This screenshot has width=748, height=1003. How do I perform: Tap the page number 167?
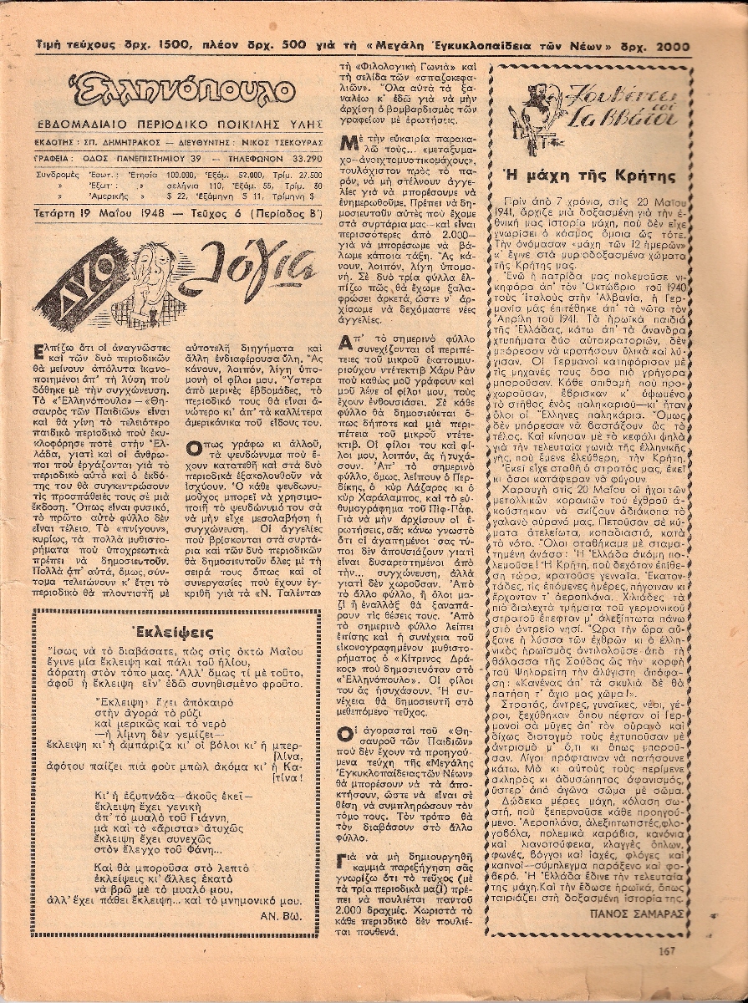click(x=666, y=949)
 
